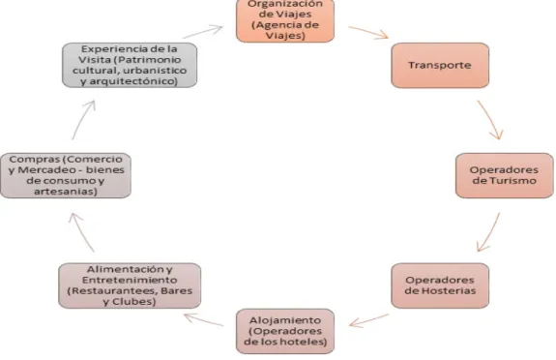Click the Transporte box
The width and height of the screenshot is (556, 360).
[x=440, y=66]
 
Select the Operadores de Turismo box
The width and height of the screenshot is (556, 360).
[x=504, y=175]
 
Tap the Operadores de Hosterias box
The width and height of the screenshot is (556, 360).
[x=440, y=285]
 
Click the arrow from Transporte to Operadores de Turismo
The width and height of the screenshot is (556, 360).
[x=491, y=119]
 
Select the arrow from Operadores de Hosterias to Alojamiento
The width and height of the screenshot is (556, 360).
[x=368, y=320]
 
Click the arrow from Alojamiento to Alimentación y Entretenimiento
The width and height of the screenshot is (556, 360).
[x=203, y=319]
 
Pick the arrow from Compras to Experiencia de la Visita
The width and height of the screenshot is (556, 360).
[x=82, y=119]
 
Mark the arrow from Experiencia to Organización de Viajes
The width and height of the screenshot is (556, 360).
[x=203, y=31]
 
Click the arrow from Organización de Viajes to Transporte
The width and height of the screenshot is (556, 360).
[x=368, y=32]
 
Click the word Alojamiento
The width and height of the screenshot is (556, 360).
[x=285, y=320]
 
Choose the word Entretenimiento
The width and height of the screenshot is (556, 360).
[x=130, y=280]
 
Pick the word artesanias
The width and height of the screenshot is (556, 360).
[x=66, y=192]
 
